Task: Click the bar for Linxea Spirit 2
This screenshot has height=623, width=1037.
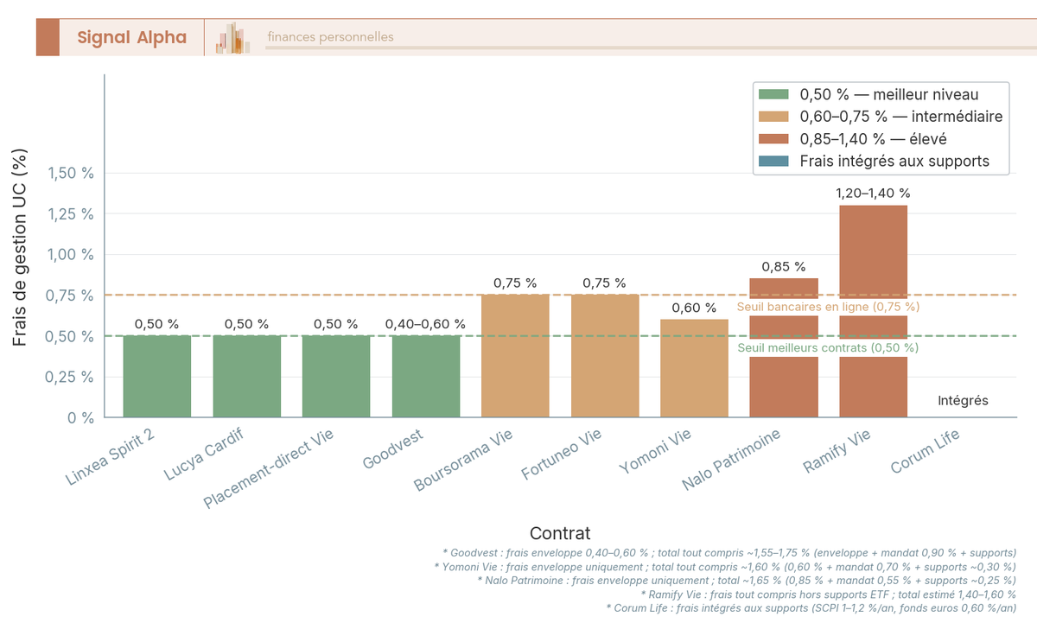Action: click(156, 376)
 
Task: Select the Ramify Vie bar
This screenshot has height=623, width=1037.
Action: click(873, 259)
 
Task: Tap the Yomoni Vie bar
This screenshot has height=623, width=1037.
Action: click(694, 368)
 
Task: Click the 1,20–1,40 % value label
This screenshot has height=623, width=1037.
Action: click(873, 194)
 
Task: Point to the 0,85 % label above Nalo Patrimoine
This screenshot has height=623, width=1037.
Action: click(783, 267)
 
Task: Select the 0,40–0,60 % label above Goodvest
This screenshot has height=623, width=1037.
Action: click(425, 324)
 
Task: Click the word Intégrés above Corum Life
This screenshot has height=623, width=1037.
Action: click(963, 401)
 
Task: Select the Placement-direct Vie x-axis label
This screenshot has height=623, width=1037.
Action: click(268, 469)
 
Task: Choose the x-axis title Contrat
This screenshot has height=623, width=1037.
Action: click(560, 533)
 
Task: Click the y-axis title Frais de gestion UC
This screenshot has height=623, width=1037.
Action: click(21, 247)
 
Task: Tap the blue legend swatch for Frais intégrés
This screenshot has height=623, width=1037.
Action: click(773, 161)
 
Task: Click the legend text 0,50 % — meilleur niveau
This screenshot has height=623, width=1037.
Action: click(889, 94)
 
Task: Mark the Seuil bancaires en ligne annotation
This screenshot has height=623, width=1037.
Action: click(827, 307)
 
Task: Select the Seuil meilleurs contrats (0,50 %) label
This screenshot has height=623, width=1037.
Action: click(827, 347)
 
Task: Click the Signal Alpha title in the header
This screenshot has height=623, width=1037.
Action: click(131, 37)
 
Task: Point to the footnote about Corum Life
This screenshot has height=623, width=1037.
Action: click(815, 607)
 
